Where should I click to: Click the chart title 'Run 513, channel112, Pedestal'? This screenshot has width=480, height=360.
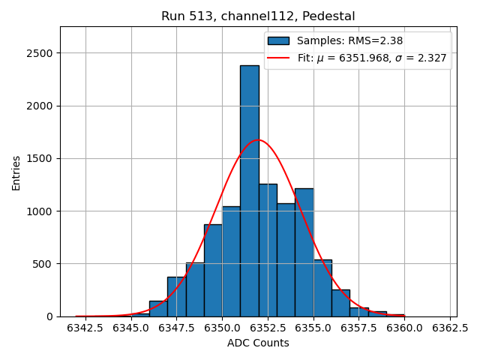coord(258,16)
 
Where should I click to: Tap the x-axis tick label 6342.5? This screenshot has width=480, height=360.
coord(85,328)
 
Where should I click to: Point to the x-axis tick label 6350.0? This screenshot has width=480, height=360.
coord(222,328)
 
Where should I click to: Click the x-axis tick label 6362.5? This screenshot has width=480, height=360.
coord(450,328)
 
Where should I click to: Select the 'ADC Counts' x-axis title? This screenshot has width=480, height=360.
coord(258,343)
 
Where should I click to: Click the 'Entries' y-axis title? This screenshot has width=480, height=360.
coord(16,173)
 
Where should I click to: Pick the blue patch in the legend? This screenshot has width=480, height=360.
coord(278,40)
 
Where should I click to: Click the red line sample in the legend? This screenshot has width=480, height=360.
coord(278,58)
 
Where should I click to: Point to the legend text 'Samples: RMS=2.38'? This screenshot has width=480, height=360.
coord(346,40)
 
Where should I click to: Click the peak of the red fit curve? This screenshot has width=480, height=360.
coord(259,140)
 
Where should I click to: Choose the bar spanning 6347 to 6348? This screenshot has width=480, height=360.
coord(176,297)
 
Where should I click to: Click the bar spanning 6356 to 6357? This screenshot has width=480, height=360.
coord(340,303)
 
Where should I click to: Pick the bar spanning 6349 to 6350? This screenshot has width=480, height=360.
coord(213,270)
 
